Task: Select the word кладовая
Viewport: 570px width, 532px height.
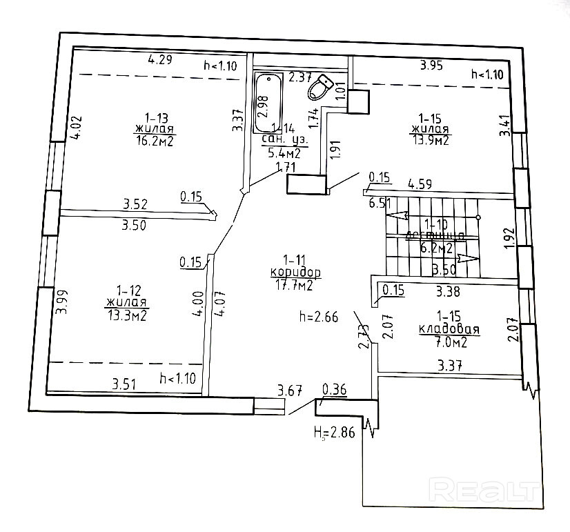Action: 449,330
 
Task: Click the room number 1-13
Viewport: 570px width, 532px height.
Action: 155,117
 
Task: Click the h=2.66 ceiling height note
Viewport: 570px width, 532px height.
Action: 319,317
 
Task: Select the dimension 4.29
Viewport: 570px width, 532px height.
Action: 159,59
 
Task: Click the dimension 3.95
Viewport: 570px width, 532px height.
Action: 433,66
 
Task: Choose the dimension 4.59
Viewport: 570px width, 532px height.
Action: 420,184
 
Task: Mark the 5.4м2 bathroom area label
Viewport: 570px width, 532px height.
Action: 284,153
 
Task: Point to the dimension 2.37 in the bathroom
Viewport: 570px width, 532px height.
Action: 300,77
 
